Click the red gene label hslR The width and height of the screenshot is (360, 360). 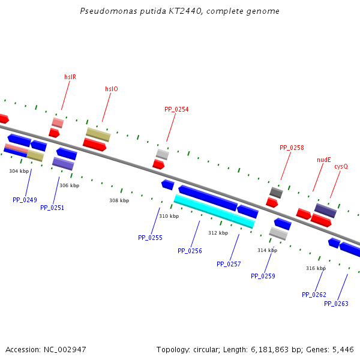click(x=70, y=77)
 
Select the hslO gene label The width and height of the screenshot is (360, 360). click(x=112, y=89)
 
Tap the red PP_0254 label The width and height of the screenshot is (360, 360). click(x=176, y=109)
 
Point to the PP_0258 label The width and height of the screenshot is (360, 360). click(x=292, y=148)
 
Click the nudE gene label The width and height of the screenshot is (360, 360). click(x=324, y=160)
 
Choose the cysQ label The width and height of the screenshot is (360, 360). click(x=341, y=166)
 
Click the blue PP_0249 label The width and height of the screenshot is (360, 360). click(x=25, y=200)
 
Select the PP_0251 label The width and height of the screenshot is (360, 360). click(x=52, y=208)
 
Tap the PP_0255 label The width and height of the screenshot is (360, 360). click(x=150, y=238)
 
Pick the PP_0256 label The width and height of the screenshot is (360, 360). click(x=190, y=251)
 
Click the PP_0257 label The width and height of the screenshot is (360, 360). click(x=229, y=264)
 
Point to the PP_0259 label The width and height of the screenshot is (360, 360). click(x=263, y=276)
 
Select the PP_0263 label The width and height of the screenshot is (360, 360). click(x=336, y=304)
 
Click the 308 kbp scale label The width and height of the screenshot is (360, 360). click(x=119, y=200)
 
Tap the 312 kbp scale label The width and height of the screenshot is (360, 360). click(x=218, y=233)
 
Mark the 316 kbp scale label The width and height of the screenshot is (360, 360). click(x=316, y=268)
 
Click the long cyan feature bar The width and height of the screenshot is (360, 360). click(x=214, y=211)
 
